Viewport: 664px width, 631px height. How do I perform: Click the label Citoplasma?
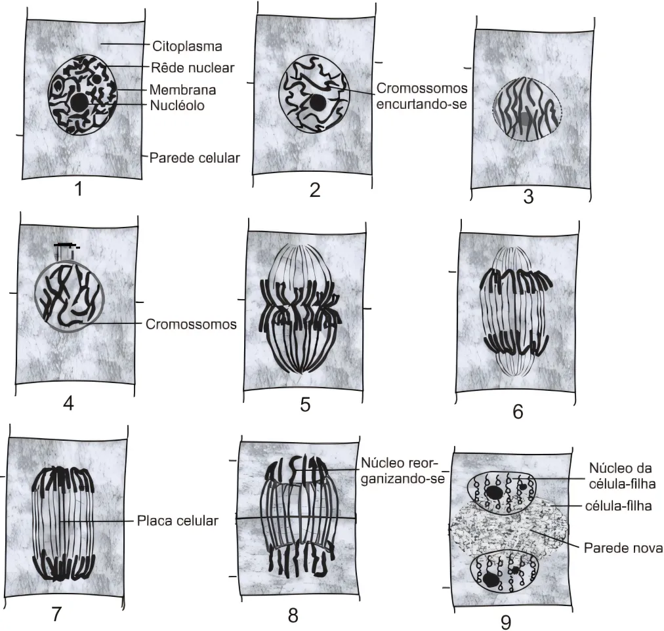point(187,46)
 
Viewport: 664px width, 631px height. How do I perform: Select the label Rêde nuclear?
point(192,68)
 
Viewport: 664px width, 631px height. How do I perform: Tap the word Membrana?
point(182,90)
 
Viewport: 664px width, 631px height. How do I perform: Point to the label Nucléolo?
point(177,105)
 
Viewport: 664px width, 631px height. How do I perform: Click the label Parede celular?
point(194,158)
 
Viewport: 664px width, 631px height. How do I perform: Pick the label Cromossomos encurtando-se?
point(422,96)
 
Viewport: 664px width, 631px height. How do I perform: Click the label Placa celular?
point(177,521)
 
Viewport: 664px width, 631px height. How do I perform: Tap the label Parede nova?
point(623,548)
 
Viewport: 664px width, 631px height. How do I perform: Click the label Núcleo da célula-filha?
point(622,476)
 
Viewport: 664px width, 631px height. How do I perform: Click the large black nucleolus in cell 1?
point(79,102)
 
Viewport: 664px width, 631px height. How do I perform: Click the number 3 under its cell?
point(528,197)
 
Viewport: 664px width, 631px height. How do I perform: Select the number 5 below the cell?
point(305,405)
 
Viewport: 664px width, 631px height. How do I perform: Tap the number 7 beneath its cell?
point(56,614)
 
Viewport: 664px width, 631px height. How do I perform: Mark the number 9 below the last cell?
point(506,622)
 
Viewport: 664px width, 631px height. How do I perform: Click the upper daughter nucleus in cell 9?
point(503,493)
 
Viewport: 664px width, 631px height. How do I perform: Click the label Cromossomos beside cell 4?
point(191,324)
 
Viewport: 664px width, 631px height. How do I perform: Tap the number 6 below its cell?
point(518,411)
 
